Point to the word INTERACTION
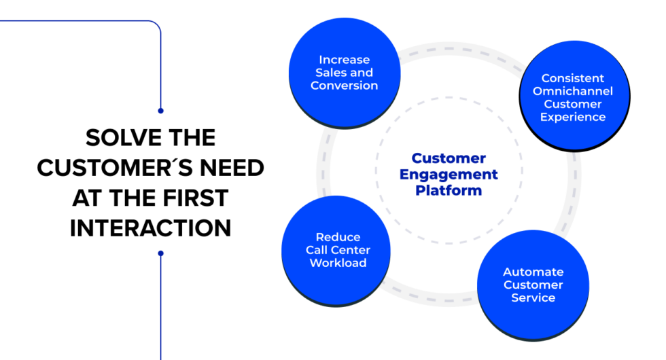[x=150, y=228]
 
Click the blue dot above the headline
[x=160, y=110]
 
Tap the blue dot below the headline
[x=160, y=253]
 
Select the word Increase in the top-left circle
[x=344, y=60]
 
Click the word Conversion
[x=344, y=86]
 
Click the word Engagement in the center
[x=449, y=175]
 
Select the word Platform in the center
[x=449, y=191]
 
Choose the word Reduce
[x=338, y=237]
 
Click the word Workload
[x=338, y=263]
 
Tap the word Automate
[x=533, y=272]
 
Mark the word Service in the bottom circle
[x=533, y=298]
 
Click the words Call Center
[x=338, y=250]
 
